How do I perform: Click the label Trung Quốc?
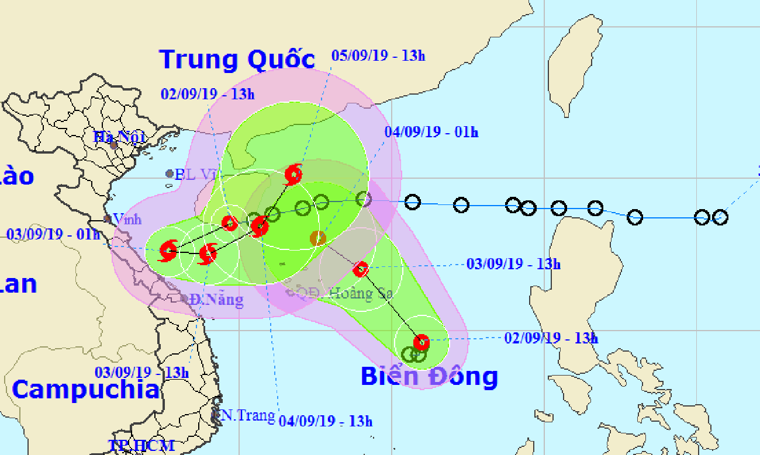237,60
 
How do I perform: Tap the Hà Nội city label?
119,138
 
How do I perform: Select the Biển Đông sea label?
429,376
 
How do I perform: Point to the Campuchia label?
85,389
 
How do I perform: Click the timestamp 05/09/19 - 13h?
378,56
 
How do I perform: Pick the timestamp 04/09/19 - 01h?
431,133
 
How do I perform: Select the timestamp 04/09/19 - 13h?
325,421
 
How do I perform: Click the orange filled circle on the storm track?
317,238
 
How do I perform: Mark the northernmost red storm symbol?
293,173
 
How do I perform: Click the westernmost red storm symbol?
168,251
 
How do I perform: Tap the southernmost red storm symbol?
421,342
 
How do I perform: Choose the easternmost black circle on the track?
720,217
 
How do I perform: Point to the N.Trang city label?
247,415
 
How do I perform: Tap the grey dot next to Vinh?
108,219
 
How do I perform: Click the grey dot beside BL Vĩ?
170,173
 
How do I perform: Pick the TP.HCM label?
141,446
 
